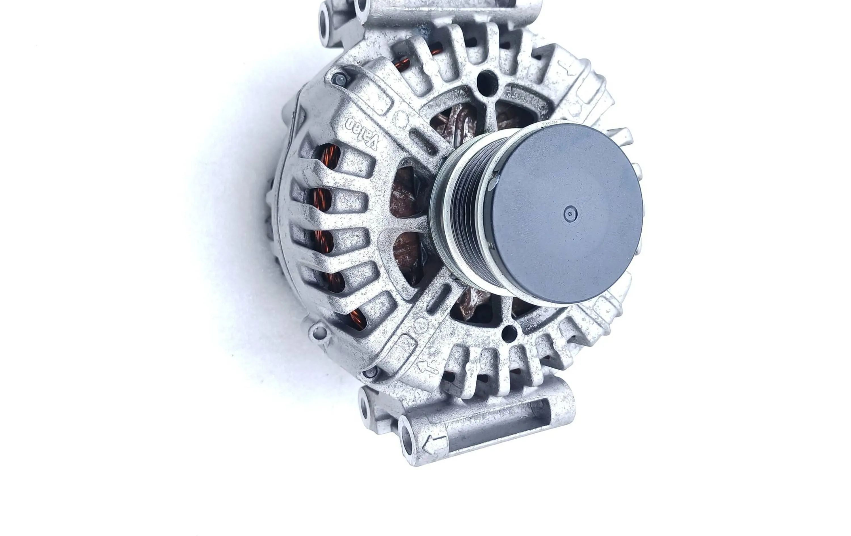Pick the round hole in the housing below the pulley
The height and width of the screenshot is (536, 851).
[x=509, y=334]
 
